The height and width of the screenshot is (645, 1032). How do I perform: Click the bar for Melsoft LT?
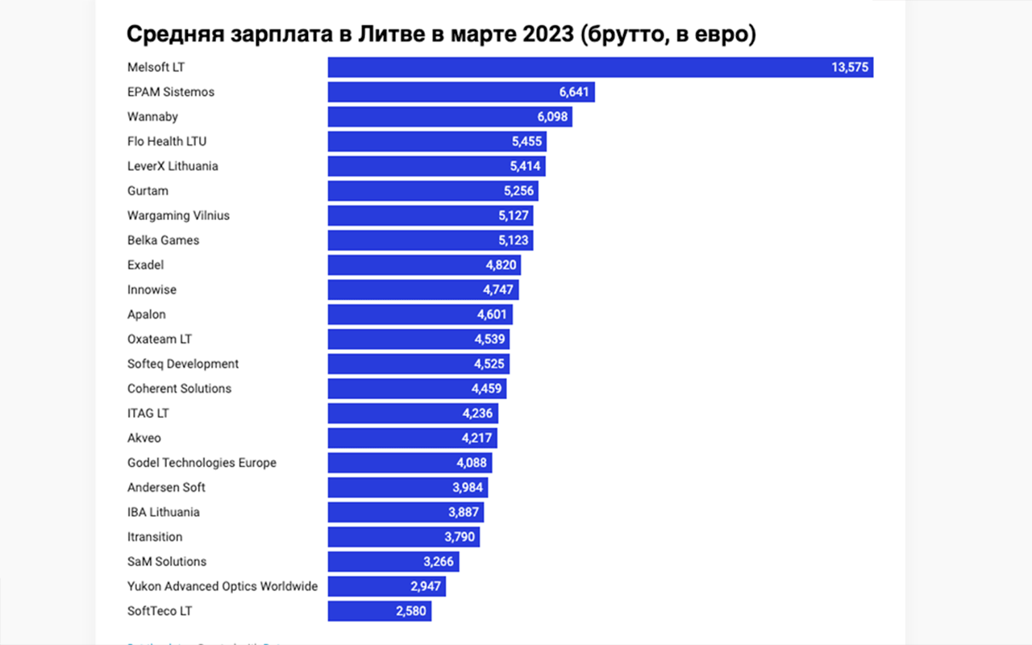point(600,68)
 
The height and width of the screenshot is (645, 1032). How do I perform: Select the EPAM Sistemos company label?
point(171,92)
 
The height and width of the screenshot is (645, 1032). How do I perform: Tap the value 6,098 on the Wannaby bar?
point(553,117)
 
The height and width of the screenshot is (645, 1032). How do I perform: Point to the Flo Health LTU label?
point(167,141)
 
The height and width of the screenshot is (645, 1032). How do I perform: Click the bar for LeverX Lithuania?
point(436,166)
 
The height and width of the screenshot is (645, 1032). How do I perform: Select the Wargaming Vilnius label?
point(178,215)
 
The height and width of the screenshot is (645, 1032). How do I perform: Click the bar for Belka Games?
point(430,240)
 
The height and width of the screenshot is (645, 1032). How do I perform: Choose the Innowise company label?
point(152,289)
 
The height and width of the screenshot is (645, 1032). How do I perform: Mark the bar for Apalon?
point(419,314)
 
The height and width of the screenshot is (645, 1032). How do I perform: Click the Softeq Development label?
point(183,364)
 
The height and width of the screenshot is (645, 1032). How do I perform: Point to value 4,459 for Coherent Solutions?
point(486,389)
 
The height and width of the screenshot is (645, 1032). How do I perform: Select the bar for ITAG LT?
point(412,414)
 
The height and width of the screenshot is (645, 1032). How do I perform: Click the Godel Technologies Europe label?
point(202,463)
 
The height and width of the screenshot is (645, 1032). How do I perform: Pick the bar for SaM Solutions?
point(393,562)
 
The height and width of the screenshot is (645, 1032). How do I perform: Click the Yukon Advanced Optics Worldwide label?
point(223,586)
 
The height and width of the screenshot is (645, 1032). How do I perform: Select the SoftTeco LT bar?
point(379,611)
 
